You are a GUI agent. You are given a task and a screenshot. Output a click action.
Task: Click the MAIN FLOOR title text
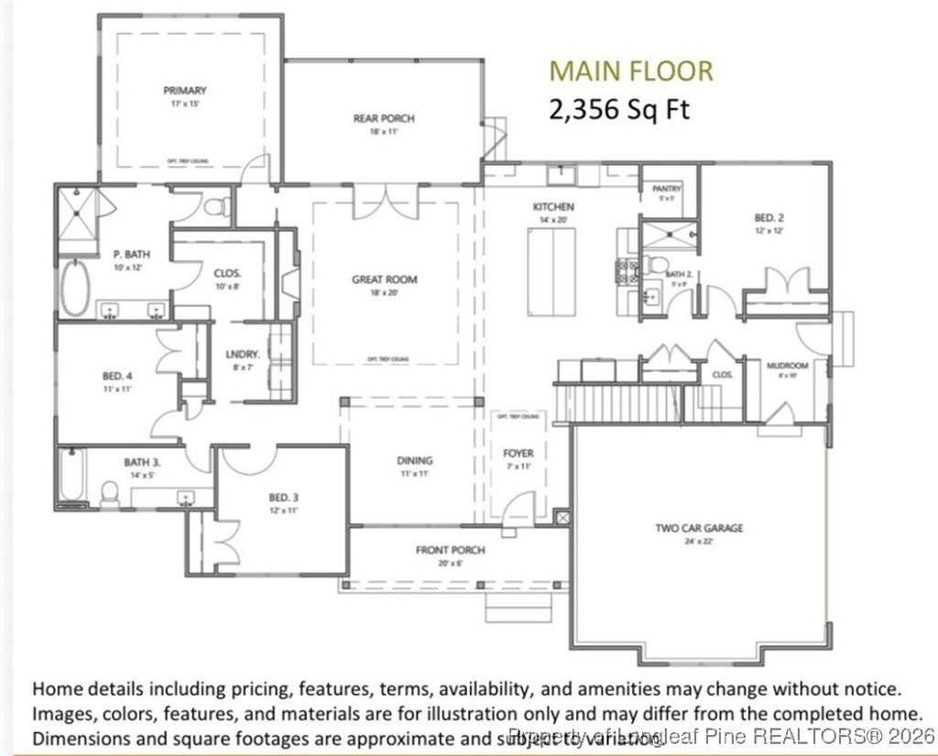[x=629, y=71]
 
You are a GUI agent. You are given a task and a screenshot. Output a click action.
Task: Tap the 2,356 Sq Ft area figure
[x=618, y=109]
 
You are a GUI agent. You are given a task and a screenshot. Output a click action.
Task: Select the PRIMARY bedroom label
[x=184, y=91]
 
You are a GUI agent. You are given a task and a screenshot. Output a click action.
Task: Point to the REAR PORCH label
[x=384, y=118]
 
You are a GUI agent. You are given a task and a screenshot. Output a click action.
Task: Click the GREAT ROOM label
[x=385, y=279]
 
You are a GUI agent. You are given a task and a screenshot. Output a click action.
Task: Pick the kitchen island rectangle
[x=551, y=271]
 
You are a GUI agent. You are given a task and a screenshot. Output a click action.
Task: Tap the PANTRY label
[x=667, y=189]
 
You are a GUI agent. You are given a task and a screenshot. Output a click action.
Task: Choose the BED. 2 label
[x=769, y=218]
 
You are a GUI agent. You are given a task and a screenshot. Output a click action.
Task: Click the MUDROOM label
[x=787, y=367]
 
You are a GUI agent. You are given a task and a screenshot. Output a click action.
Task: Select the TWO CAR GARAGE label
[x=698, y=528]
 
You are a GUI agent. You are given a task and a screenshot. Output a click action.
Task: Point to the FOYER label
[x=518, y=454]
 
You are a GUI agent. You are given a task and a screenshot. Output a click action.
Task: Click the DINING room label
[x=414, y=461]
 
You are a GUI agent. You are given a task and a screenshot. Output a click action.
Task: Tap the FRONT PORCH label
[x=450, y=550]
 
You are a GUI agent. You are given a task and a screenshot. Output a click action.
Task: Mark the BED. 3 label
[x=284, y=498]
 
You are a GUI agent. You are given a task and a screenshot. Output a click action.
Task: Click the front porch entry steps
[x=518, y=606]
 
